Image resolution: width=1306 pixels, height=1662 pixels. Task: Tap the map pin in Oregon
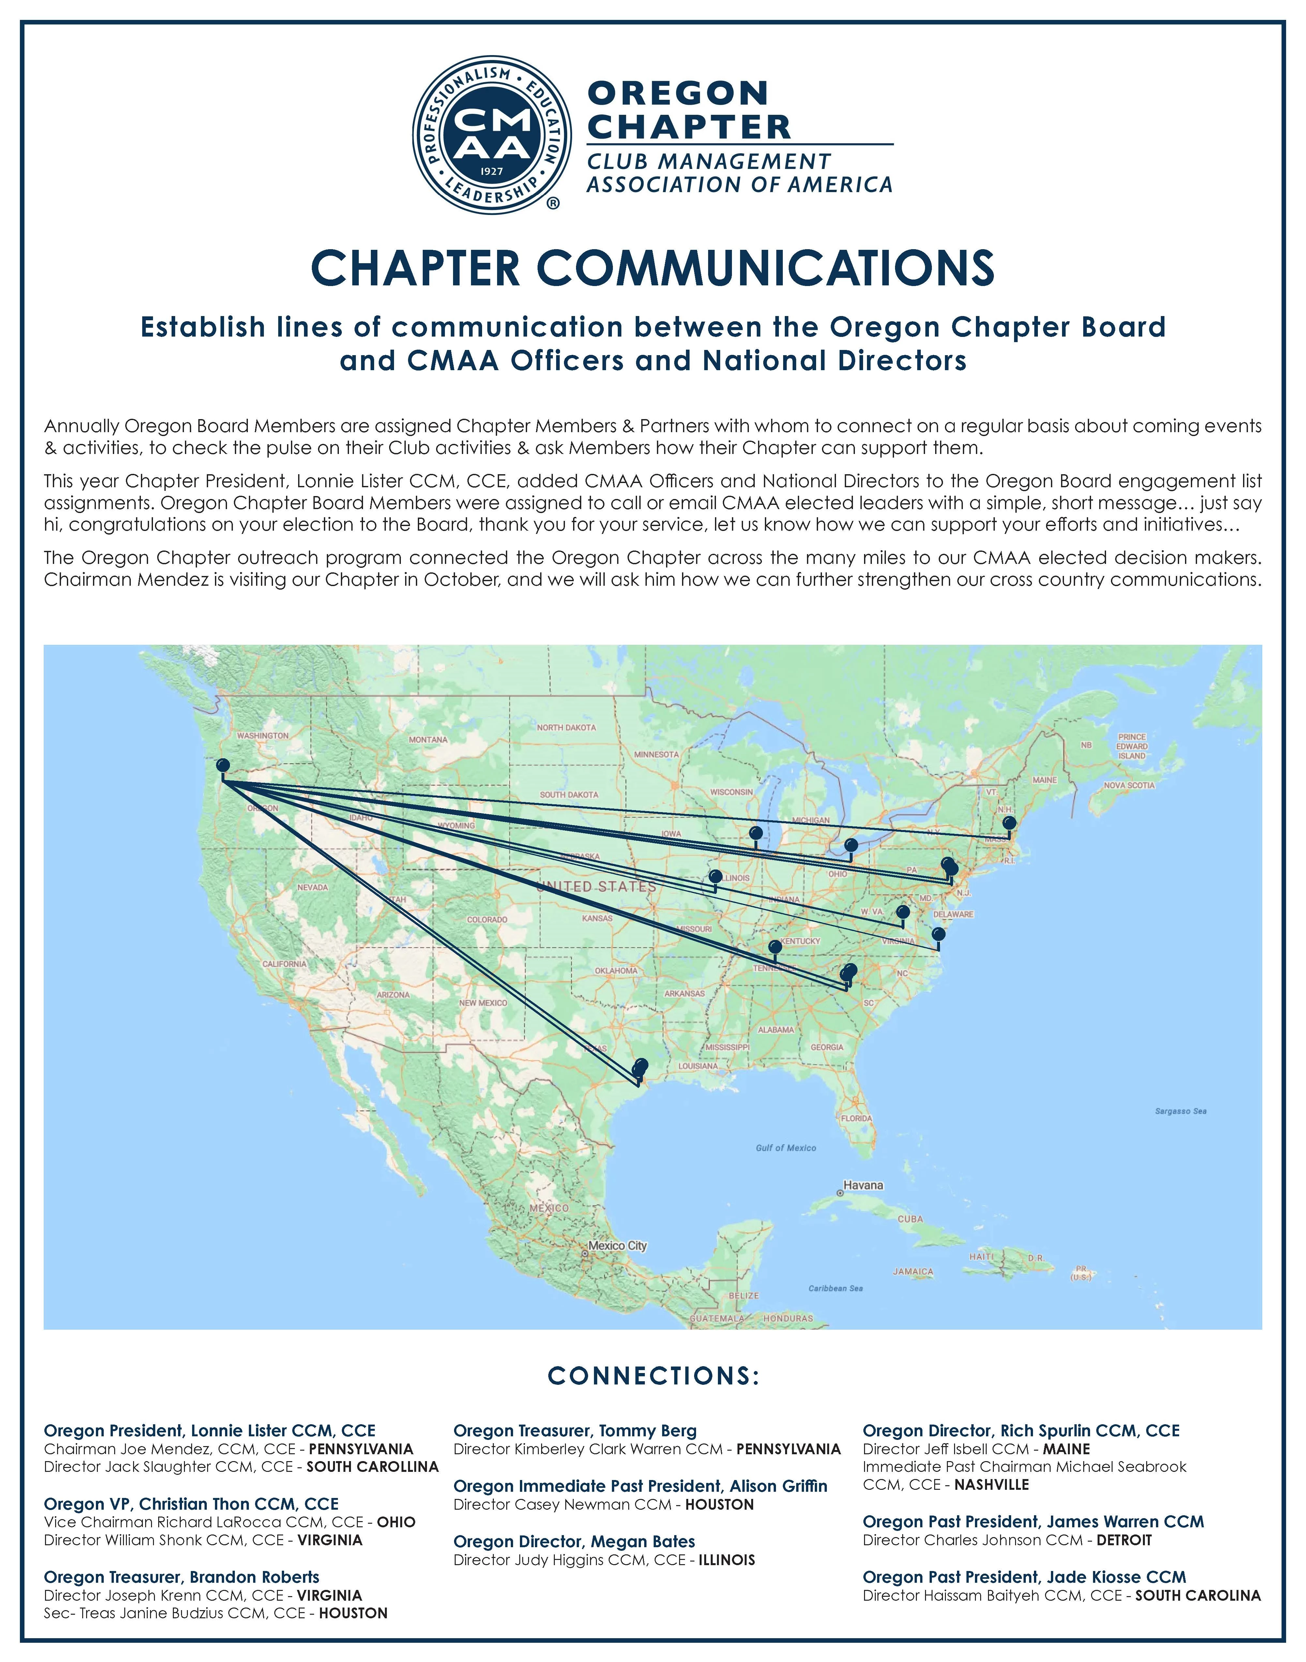(x=222, y=765)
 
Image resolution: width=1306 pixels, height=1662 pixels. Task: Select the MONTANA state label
(x=428, y=740)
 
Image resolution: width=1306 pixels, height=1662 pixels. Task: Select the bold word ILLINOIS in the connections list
(x=726, y=1560)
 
